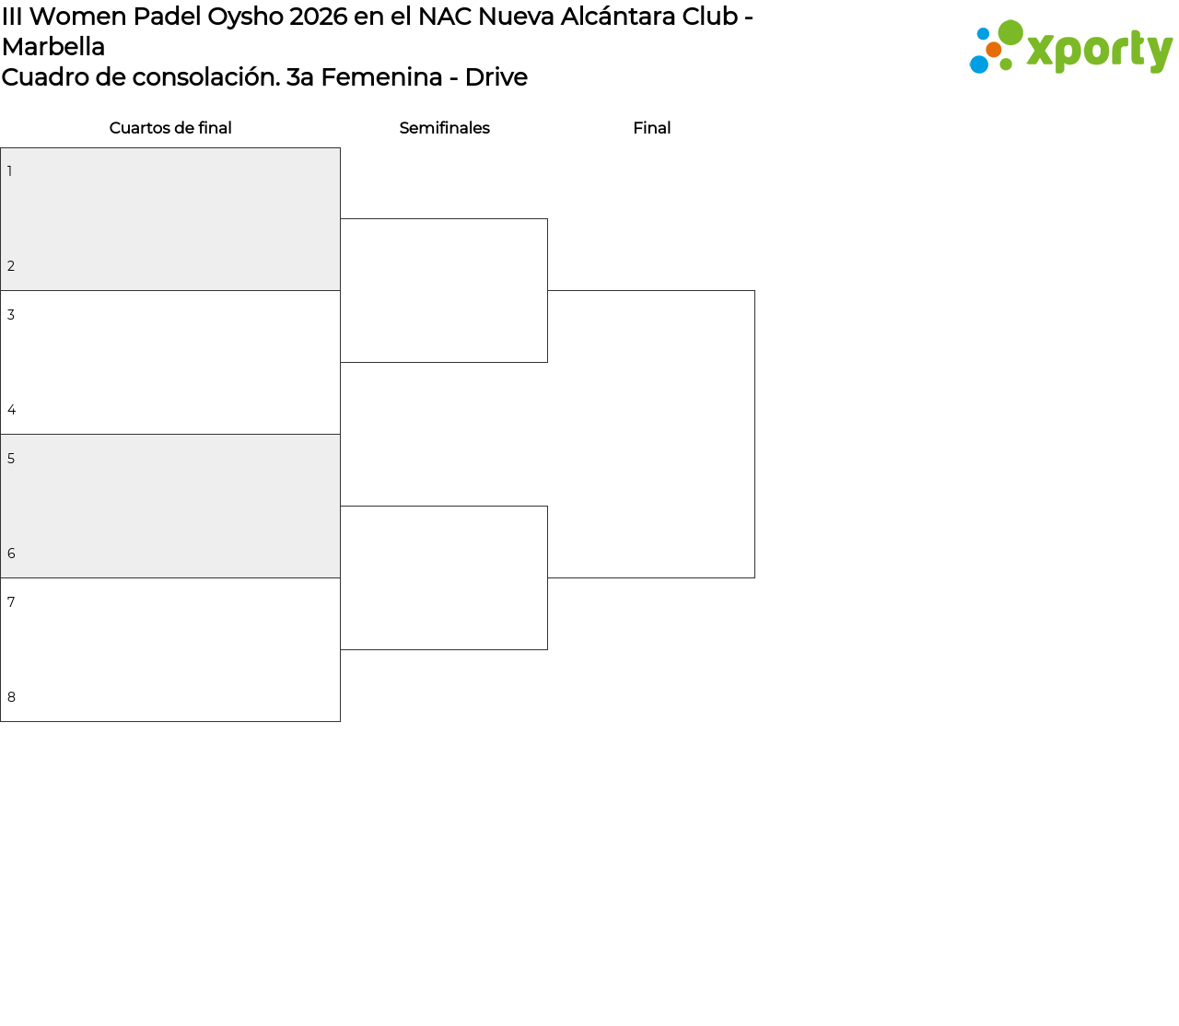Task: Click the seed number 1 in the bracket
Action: (10, 171)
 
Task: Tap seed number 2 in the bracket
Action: (11, 266)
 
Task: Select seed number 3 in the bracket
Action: (11, 315)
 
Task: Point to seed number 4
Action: (12, 410)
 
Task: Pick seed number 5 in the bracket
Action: (11, 459)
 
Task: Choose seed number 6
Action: (11, 553)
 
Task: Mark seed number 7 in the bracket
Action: (11, 602)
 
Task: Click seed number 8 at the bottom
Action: (11, 697)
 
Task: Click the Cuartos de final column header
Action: (170, 128)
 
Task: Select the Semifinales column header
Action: (444, 128)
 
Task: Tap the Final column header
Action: (652, 128)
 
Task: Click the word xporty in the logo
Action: (1100, 51)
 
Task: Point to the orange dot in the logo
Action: (994, 50)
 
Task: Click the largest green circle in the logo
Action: (1010, 32)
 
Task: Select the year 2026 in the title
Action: (318, 17)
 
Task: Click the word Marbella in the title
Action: (53, 47)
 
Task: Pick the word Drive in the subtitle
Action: (496, 77)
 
